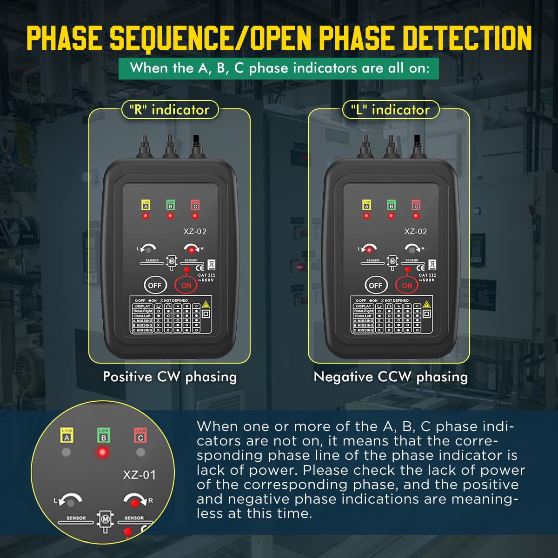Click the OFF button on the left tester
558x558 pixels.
155,285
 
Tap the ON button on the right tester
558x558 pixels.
407,285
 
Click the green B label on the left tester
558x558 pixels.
170,205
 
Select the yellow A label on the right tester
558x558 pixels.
366,205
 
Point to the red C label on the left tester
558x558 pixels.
195,205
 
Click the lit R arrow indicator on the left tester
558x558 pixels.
191,250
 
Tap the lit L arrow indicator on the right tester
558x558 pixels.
369,250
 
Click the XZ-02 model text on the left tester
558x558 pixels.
194,232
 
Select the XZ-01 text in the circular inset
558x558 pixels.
139,475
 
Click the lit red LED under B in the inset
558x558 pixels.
103,452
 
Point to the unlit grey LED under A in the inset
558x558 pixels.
66,452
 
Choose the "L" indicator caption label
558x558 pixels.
390,110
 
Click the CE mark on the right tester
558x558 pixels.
420,267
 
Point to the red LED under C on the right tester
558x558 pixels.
416,216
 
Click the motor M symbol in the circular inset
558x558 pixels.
105,518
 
